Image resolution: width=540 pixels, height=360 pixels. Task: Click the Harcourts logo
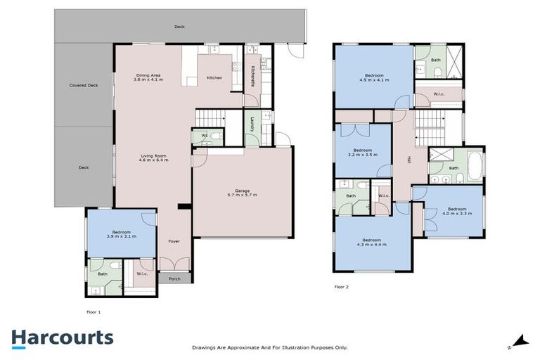[62, 337]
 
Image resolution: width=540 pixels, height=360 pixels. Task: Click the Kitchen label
[214, 77]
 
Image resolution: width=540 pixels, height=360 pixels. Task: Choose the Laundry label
[251, 124]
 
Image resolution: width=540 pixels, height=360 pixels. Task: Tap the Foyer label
[174, 241]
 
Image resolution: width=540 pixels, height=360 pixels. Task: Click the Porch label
[174, 278]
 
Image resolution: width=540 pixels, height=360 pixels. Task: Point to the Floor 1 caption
[94, 311]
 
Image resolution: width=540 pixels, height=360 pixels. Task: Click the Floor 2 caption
[341, 287]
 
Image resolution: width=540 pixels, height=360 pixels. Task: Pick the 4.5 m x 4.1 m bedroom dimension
[373, 80]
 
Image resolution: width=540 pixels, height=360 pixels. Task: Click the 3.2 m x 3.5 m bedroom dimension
[363, 154]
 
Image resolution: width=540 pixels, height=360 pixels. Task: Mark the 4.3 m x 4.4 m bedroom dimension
[372, 244]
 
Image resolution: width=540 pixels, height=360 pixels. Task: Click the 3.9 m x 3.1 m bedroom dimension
[120, 237]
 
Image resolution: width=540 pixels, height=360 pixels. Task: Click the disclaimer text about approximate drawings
[270, 347]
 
